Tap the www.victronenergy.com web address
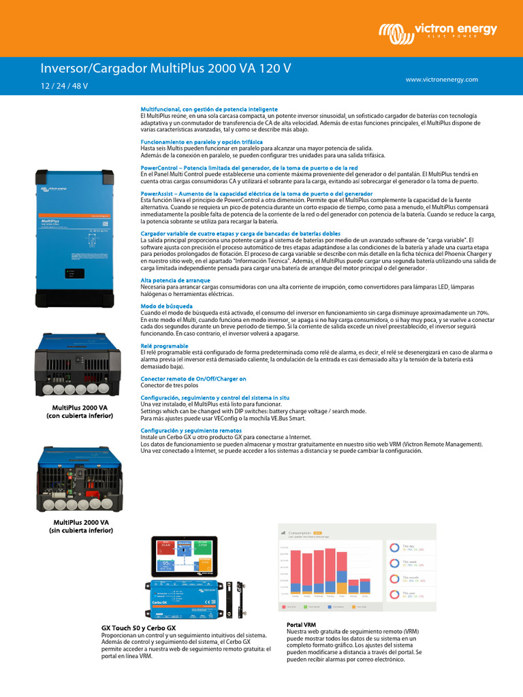click(x=441, y=80)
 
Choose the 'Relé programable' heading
click(x=164, y=346)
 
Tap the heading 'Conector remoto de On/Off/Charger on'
click(x=193, y=378)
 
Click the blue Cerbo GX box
click(x=183, y=597)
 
